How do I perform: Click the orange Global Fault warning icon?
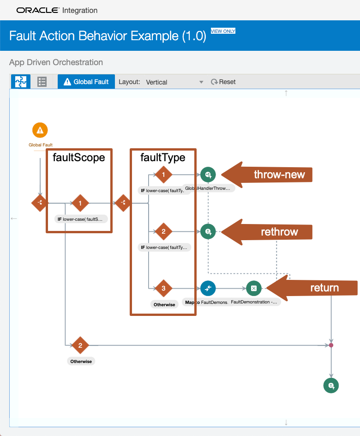[x=40, y=130]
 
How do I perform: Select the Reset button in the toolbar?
[x=223, y=82]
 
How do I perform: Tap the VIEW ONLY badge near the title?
[x=223, y=31]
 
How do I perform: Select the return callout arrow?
[x=312, y=288]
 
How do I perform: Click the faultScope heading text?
[x=79, y=157]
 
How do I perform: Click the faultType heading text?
[x=163, y=157]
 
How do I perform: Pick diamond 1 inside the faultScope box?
[x=80, y=203]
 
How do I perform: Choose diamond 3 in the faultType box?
[x=163, y=289]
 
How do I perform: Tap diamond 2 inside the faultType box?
[x=163, y=232]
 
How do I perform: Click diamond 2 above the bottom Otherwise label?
[x=80, y=345]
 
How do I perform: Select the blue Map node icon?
[x=208, y=289]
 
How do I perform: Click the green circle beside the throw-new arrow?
[x=208, y=175]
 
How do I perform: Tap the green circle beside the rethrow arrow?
[x=208, y=231]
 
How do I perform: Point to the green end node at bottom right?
[x=331, y=385]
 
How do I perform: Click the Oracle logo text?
[x=38, y=10]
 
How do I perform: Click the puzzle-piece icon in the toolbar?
[x=21, y=82]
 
